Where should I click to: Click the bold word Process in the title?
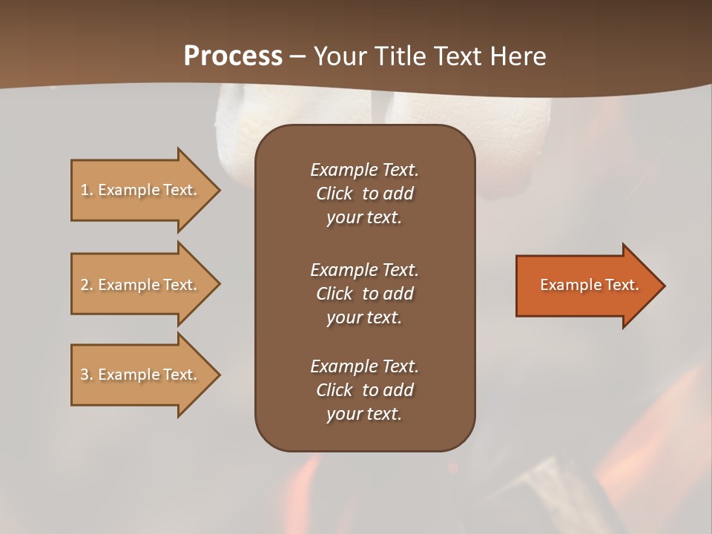[233, 56]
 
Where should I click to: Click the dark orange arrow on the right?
[586, 286]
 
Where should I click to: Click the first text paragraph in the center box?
[364, 194]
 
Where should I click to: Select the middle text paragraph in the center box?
[364, 294]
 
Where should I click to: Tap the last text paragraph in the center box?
[364, 390]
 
